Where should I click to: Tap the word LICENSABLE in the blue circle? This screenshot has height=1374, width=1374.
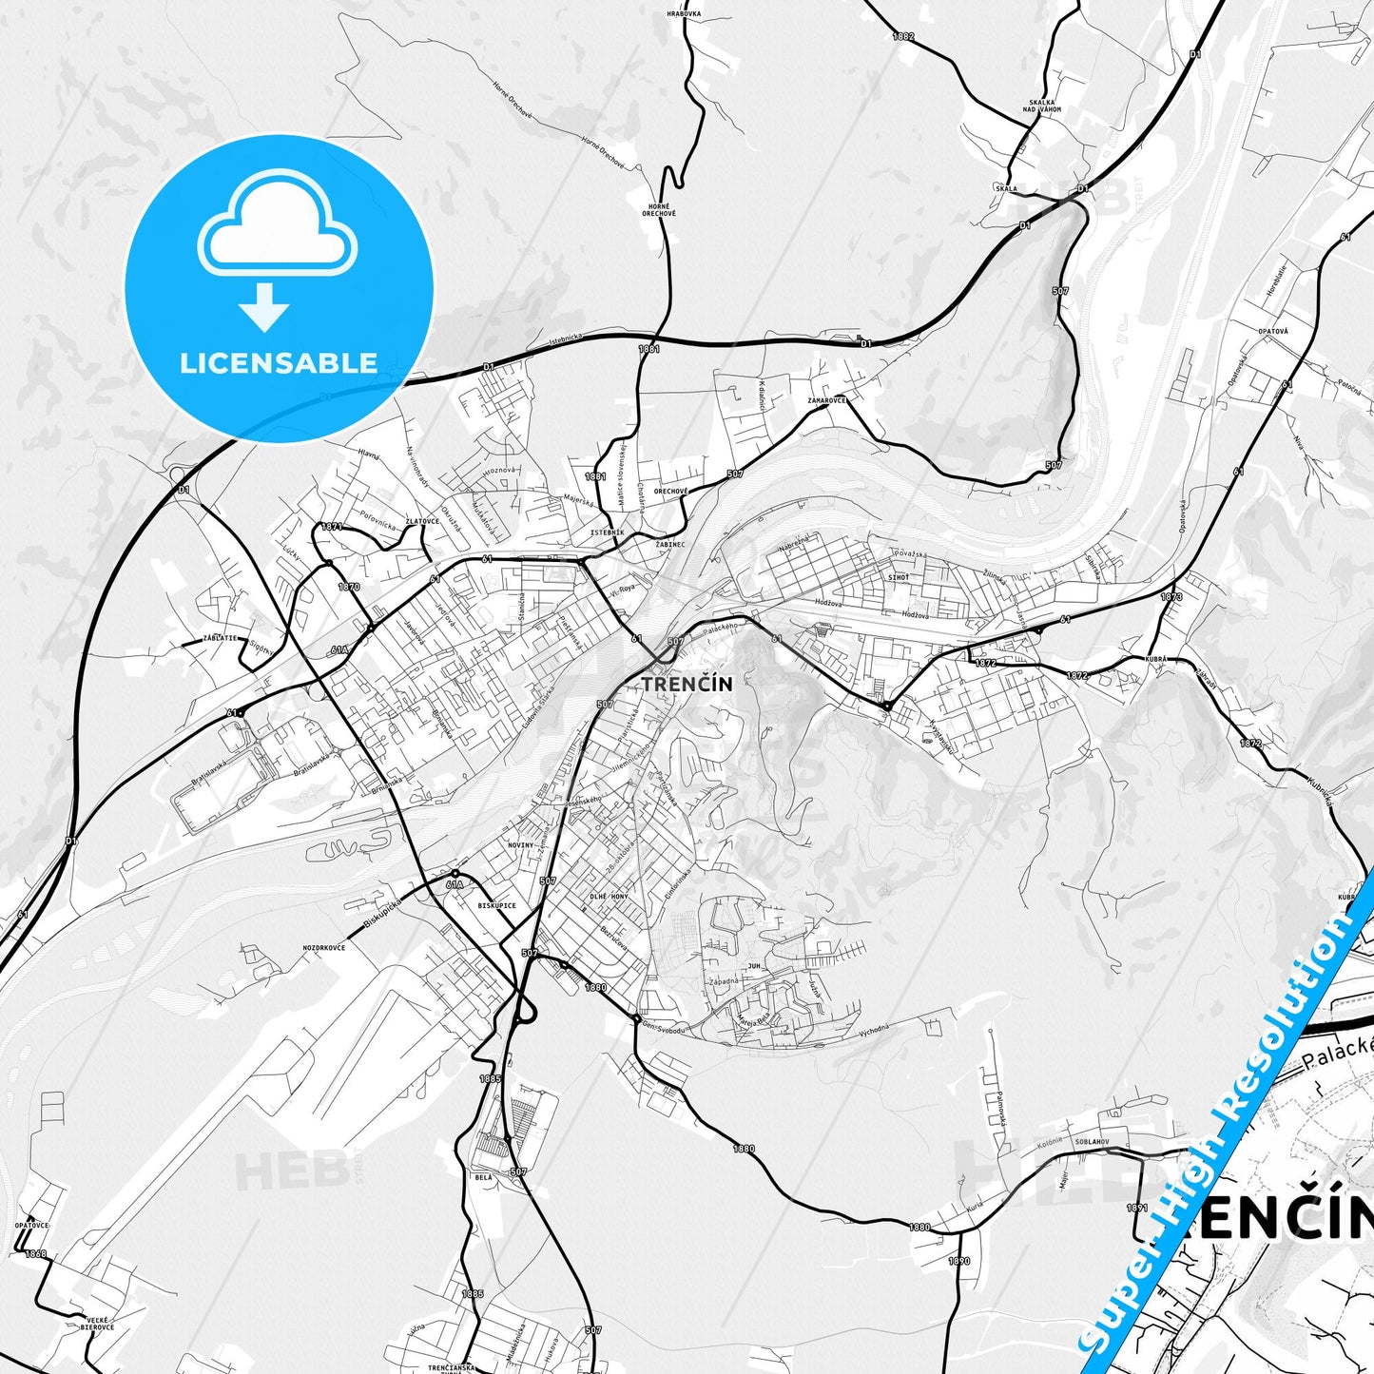coord(279,363)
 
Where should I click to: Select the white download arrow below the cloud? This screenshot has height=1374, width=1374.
coord(264,307)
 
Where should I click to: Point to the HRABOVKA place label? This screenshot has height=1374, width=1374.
coord(684,14)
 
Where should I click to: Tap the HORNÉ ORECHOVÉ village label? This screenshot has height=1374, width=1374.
coord(658,210)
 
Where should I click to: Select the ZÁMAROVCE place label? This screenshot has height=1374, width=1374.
coord(826,400)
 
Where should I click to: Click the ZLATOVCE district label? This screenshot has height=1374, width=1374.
coord(422,521)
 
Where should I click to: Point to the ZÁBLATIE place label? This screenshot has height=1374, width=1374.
coord(220,638)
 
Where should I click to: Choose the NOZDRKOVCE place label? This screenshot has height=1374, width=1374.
coord(323,947)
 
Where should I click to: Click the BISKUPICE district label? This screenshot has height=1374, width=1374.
coord(496,905)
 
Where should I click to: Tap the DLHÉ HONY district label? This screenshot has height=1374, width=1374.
coord(609,897)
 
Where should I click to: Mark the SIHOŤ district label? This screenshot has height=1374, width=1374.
coord(899,577)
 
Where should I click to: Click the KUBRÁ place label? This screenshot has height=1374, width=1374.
coord(1155,658)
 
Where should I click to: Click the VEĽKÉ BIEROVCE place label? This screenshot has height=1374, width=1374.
coord(99,1323)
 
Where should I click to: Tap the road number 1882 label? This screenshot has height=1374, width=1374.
coord(902,36)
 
